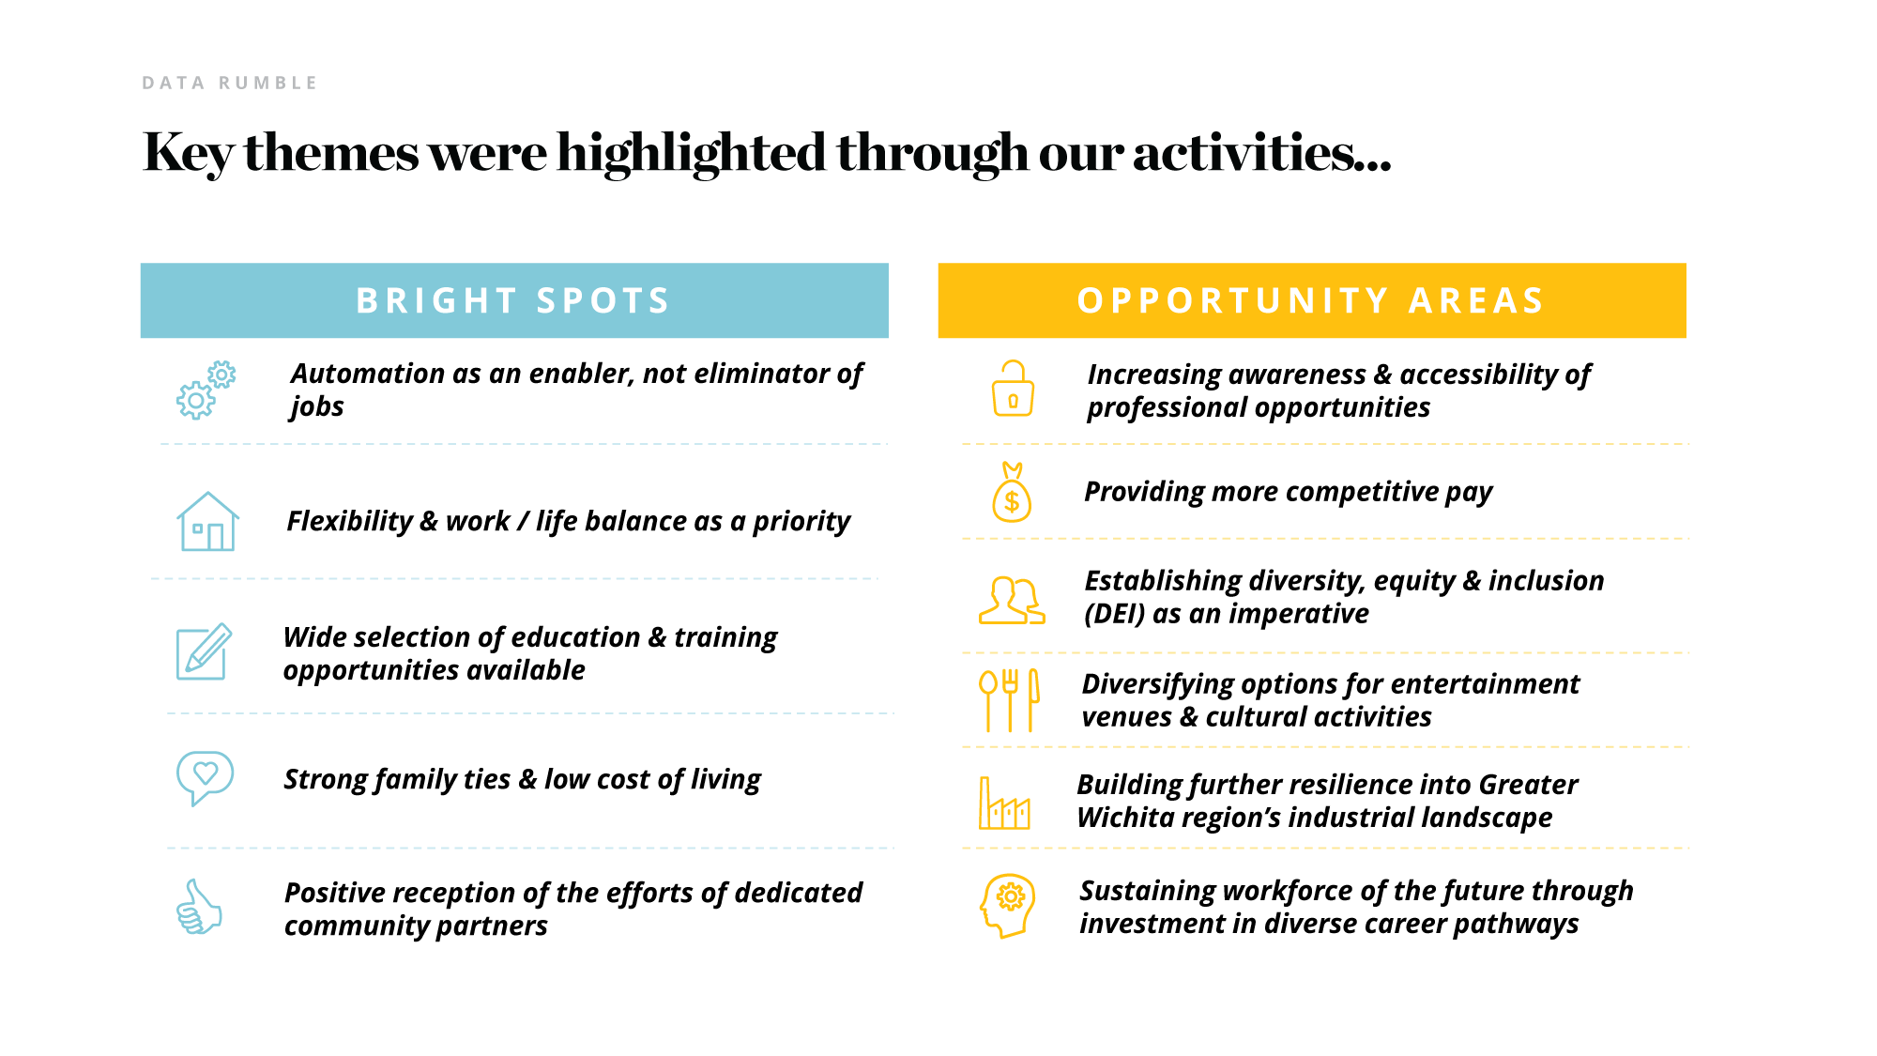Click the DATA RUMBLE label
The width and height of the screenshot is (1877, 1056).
pyautogui.click(x=230, y=83)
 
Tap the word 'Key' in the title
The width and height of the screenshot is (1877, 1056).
pyautogui.click(x=187, y=153)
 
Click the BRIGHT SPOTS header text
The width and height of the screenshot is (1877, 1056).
pyautogui.click(x=513, y=300)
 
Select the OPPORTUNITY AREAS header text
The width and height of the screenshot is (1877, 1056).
pyautogui.click(x=1311, y=300)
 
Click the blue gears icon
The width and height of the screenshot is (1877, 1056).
pyautogui.click(x=206, y=390)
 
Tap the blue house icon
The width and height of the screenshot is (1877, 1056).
pyautogui.click(x=207, y=521)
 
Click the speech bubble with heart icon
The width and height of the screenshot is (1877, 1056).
pyautogui.click(x=205, y=777)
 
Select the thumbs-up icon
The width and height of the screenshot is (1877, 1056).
pyautogui.click(x=199, y=907)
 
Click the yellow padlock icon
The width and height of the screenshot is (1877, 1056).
pyautogui.click(x=1013, y=388)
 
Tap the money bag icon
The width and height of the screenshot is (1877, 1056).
pyautogui.click(x=1012, y=492)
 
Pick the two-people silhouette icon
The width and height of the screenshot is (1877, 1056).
pyautogui.click(x=1012, y=601)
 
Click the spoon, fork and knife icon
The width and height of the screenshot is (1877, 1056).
pyautogui.click(x=1009, y=699)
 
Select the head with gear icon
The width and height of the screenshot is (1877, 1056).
pyautogui.click(x=1008, y=906)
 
